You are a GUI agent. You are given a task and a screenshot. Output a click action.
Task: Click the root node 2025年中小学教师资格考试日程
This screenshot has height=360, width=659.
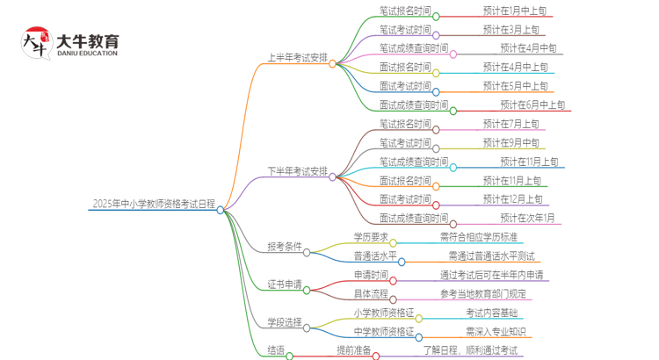[153, 205]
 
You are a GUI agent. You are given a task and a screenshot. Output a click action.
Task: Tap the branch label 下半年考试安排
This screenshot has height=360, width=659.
[297, 170]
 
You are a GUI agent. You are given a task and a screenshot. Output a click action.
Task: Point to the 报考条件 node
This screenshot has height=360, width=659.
[284, 247]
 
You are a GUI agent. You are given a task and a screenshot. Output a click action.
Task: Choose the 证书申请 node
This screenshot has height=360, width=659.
[284, 284]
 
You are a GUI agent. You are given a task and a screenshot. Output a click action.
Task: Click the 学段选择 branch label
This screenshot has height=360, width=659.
[284, 321]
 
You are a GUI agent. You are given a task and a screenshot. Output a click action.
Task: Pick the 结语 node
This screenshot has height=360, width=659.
[276, 350]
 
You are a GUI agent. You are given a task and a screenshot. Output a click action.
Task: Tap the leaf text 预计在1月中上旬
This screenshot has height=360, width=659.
[514, 11]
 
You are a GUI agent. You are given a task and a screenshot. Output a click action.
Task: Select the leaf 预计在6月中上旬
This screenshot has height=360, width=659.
[532, 105]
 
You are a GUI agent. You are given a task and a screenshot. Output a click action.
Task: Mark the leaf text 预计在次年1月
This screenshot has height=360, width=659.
[527, 218]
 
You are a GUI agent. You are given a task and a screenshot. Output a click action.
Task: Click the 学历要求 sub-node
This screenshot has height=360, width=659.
[370, 236]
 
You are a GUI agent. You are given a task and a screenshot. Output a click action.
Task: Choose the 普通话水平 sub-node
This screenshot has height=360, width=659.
[374, 256]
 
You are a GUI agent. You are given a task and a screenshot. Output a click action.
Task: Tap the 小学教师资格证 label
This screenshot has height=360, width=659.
[383, 312]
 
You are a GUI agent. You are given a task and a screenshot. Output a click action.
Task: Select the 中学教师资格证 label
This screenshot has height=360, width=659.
[383, 331]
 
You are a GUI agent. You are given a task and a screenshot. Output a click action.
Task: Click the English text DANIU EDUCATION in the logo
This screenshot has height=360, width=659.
[87, 54]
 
